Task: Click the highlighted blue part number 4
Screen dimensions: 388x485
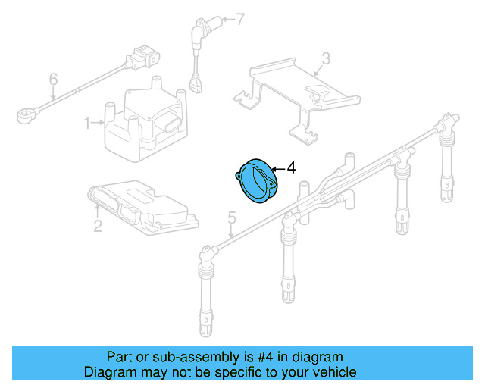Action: point(255,182)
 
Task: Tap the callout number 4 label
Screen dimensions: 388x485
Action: point(291,167)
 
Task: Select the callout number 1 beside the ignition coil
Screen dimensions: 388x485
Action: point(87,121)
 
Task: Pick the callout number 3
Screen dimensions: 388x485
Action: point(325,58)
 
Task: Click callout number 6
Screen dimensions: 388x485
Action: point(53,78)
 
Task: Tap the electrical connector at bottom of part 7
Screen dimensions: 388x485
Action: point(197,85)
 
